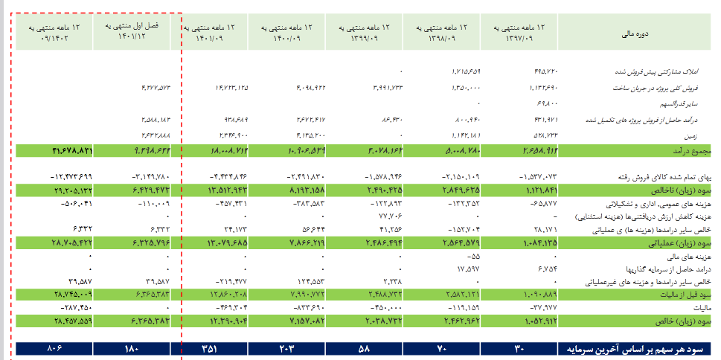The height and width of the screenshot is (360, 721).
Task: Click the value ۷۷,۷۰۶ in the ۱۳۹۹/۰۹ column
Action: pos(387,215)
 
